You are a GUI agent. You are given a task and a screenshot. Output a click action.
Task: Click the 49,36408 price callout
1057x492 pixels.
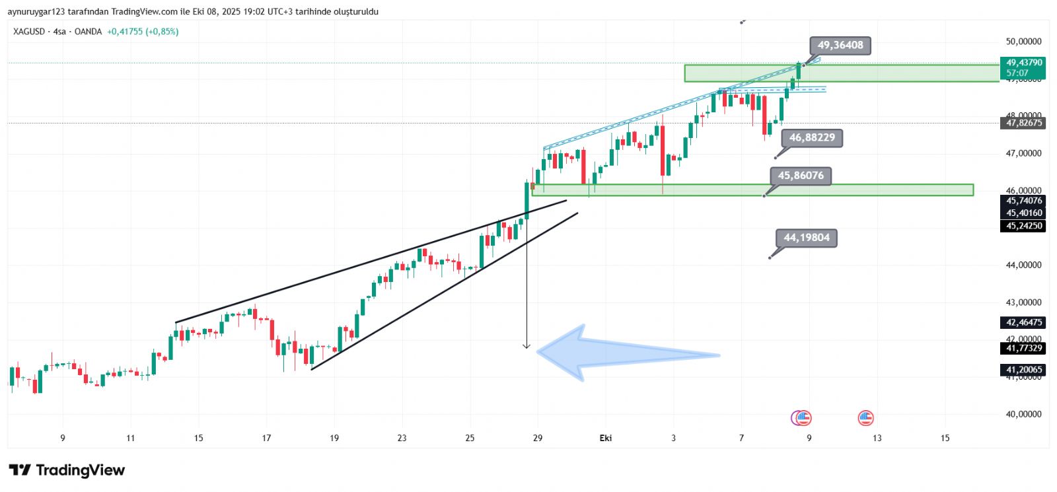coord(840,46)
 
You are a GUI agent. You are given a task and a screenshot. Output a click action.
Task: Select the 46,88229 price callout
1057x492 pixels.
coord(812,138)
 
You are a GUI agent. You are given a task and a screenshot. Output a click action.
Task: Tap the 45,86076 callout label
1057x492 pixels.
coord(801,176)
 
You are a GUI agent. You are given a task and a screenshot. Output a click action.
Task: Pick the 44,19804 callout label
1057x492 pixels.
coord(807,238)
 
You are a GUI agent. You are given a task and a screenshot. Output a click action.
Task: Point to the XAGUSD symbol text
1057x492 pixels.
coord(29,32)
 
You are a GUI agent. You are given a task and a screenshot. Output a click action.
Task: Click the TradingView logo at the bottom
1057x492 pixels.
coord(67,470)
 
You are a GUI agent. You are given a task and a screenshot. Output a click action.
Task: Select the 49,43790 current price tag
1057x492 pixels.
coord(1024,63)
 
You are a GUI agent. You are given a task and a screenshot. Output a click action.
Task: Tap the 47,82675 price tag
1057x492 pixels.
coord(1024,123)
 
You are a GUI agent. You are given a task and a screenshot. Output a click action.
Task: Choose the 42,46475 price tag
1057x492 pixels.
coord(1024,322)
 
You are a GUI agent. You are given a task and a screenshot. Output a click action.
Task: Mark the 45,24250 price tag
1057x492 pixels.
coord(1024,226)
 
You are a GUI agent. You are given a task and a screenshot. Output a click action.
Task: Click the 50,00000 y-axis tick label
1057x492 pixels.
coord(1023,42)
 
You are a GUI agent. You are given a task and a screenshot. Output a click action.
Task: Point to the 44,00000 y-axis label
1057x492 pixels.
coord(1023,265)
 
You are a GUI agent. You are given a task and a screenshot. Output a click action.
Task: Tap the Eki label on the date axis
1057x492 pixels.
coord(605,438)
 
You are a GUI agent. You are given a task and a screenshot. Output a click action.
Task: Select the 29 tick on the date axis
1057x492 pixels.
coord(538,438)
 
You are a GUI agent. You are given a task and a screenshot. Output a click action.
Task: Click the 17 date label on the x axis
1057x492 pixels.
coord(266,438)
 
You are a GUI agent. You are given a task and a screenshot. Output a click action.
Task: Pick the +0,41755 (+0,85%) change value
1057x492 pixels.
coord(143,32)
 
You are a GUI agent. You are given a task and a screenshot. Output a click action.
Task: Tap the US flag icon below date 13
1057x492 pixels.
coord(865,417)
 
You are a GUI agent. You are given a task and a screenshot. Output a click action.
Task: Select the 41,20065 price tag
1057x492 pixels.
coord(1024,370)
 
